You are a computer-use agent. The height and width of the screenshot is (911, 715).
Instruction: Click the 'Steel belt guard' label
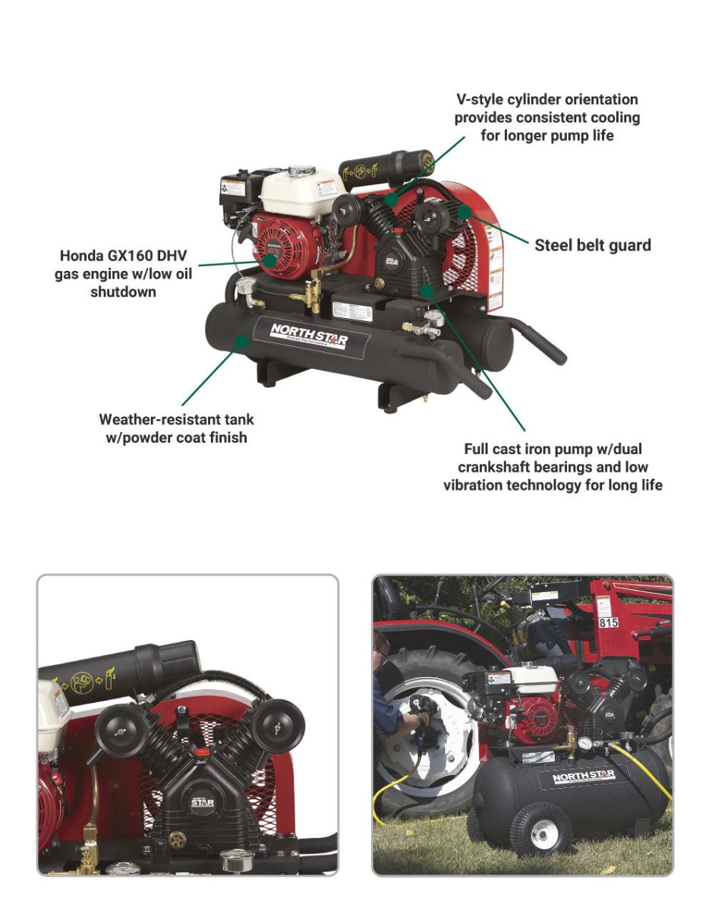[592, 245]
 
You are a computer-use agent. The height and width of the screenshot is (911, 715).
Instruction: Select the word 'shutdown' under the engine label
[123, 292]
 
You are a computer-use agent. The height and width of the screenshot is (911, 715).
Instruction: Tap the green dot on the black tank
[241, 341]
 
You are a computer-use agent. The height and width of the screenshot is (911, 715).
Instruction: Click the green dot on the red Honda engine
[270, 257]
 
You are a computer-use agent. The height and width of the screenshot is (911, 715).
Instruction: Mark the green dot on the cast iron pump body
[427, 289]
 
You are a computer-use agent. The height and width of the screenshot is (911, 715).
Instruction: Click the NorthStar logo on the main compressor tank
[310, 334]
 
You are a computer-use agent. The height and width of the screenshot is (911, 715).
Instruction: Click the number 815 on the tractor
[608, 623]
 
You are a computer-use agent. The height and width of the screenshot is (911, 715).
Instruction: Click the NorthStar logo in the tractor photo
[583, 776]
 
